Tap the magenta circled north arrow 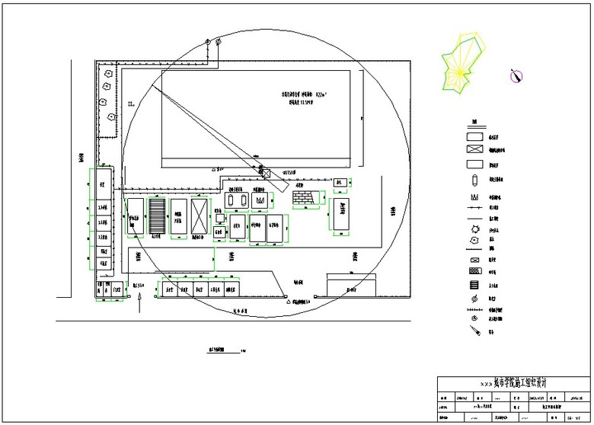click(x=516, y=75)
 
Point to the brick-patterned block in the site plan click(x=303, y=197)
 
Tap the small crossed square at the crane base click(x=266, y=172)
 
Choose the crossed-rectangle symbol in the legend click(x=476, y=150)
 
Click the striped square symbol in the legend click(x=474, y=285)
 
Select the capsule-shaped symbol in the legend click(x=474, y=181)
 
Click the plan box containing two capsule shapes click(x=236, y=199)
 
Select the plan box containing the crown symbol click(x=261, y=200)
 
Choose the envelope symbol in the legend click(x=474, y=260)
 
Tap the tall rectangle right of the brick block click(x=340, y=216)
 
